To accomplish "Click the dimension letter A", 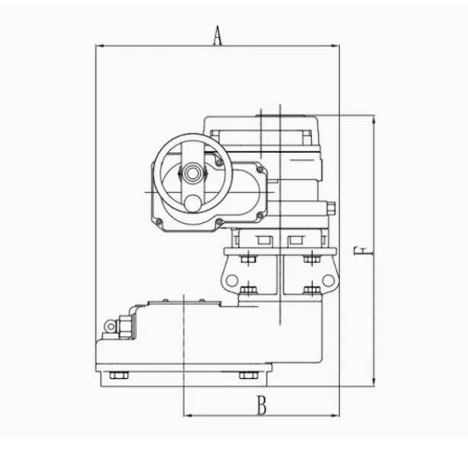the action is tap(218, 35).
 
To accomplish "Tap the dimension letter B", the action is tap(262, 405).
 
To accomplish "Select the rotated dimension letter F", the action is tap(364, 251).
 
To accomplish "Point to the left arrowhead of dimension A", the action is tap(100, 46).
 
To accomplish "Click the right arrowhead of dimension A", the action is tap(336, 46).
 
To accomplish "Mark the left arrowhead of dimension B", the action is tap(187, 416).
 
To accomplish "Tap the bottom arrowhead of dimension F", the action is tap(374, 383).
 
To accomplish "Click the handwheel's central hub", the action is tap(193, 173).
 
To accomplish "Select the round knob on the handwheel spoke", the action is tap(193, 203).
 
